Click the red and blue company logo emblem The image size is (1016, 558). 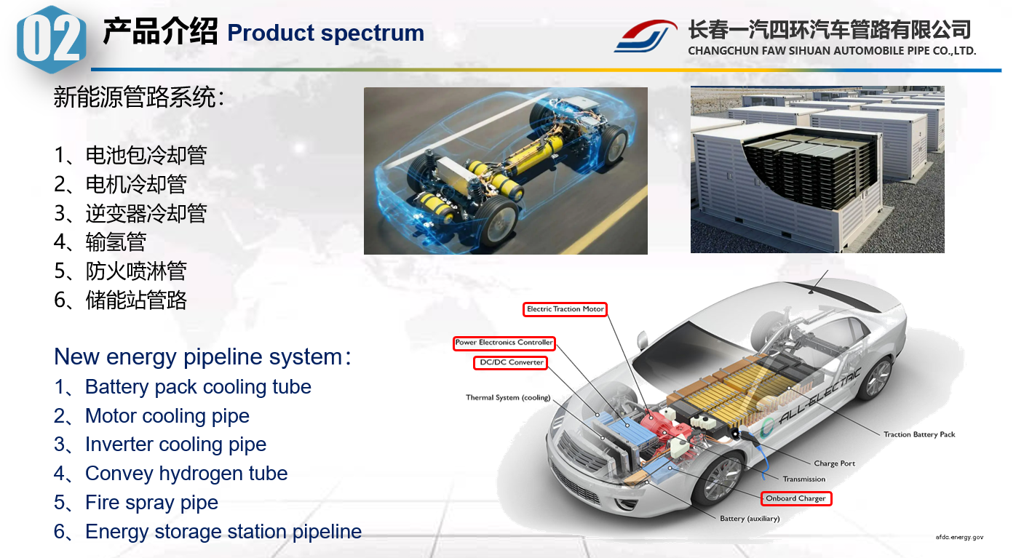(x=646, y=36)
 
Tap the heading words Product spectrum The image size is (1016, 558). (x=325, y=33)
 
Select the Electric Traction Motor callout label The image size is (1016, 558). (x=565, y=309)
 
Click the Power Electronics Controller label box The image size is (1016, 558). (x=504, y=343)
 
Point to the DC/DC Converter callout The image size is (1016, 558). (x=510, y=362)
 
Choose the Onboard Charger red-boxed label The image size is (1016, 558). (x=795, y=499)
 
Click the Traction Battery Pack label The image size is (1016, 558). (x=919, y=434)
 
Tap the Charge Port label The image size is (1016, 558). (x=834, y=463)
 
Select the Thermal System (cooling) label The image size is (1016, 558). (x=508, y=398)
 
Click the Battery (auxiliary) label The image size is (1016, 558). (x=750, y=519)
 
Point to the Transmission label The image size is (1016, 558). (x=803, y=479)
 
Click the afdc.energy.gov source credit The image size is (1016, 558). (x=959, y=537)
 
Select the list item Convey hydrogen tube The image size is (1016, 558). (x=186, y=474)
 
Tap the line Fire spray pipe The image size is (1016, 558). (x=151, y=503)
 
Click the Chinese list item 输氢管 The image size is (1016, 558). (x=116, y=242)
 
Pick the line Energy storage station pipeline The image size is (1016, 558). (x=223, y=532)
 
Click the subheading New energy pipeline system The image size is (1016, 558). (x=198, y=357)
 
